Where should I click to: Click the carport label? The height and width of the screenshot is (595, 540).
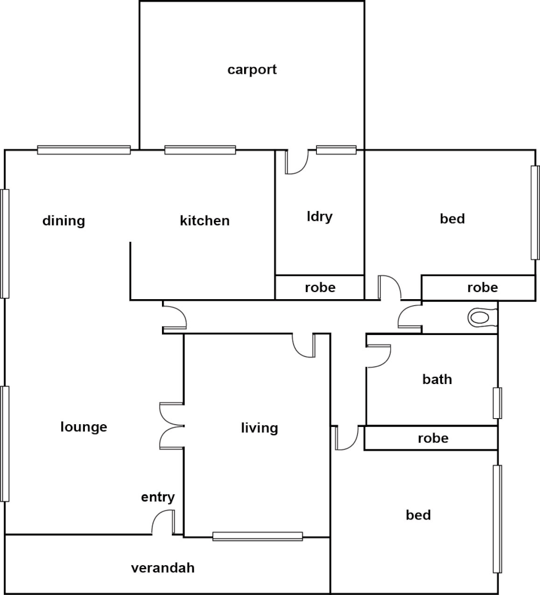tap(252, 70)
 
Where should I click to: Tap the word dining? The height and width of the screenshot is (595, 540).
tap(64, 221)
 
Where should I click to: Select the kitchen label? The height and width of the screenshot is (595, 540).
tap(204, 221)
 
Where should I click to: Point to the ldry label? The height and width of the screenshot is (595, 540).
tap(320, 217)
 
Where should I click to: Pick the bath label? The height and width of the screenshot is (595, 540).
tap(437, 379)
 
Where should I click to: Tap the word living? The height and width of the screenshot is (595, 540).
tap(259, 428)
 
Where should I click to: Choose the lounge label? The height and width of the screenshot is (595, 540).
tap(84, 427)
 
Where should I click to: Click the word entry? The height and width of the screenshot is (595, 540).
tap(158, 497)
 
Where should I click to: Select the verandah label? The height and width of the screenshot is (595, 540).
tap(163, 568)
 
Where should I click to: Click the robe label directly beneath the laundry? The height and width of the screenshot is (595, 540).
tap(320, 288)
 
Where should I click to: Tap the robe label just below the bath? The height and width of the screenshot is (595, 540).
tap(433, 439)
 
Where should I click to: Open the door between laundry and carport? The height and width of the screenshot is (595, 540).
tap(296, 162)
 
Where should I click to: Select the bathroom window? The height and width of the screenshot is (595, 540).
tap(497, 403)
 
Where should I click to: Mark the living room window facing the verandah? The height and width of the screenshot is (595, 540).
tap(257, 536)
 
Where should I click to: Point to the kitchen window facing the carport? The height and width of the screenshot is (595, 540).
tap(200, 150)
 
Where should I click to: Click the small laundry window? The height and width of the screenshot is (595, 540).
tap(336, 150)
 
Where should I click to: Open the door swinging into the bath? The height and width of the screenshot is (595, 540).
tap(378, 356)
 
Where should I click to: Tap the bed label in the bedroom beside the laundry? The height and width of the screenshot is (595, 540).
tap(452, 219)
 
